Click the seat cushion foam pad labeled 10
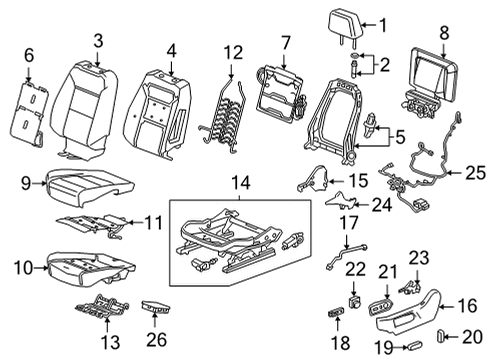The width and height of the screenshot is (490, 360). (94, 265)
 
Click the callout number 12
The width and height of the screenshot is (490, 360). (232, 51)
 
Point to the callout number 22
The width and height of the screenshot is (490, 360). (352, 266)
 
